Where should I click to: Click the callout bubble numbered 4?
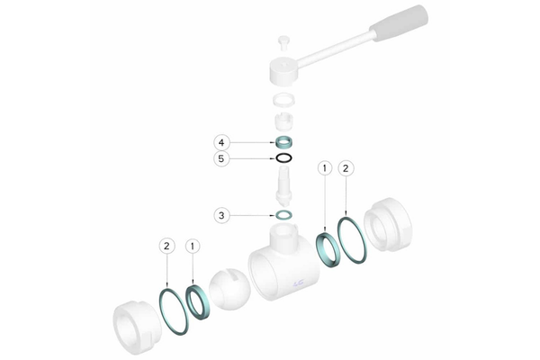[x=221, y=142]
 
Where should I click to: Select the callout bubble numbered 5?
[x=221, y=158]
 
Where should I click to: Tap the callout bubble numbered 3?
[x=221, y=216]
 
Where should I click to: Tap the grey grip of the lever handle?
[x=399, y=23]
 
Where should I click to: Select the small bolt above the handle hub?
[x=283, y=43]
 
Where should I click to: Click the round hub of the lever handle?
[x=283, y=71]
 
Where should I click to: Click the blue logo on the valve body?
[x=299, y=283]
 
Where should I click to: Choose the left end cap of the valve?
[x=137, y=328]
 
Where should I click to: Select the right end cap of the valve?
[x=388, y=224]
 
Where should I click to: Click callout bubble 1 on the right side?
[x=325, y=168]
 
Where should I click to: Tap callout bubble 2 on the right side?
[x=346, y=168]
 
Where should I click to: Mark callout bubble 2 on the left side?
[x=166, y=246]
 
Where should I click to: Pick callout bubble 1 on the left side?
[x=193, y=246]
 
